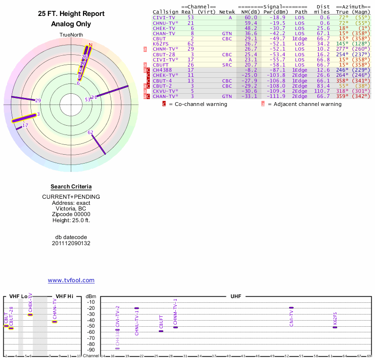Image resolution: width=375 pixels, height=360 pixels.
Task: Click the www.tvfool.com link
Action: [x=71, y=280]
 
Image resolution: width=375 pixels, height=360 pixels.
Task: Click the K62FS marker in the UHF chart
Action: [x=335, y=327]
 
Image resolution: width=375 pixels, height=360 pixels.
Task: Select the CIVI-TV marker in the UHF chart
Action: [x=291, y=308]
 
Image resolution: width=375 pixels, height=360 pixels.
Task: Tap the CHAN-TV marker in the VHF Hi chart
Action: [x=54, y=322]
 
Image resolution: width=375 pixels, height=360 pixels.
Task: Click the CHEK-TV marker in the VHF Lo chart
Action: [x=30, y=315]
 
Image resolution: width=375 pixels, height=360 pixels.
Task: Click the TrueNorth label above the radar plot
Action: [x=71, y=35]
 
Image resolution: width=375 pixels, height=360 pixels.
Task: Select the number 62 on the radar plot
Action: [x=90, y=133]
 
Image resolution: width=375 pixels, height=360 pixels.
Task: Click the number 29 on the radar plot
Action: [x=38, y=100]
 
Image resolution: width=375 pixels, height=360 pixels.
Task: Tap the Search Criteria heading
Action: [x=71, y=187]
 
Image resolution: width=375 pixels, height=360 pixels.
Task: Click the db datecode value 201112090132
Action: [x=71, y=243]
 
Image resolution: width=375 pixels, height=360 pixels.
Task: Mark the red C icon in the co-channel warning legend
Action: [x=164, y=104]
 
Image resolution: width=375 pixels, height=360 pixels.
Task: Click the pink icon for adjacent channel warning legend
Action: [x=263, y=104]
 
